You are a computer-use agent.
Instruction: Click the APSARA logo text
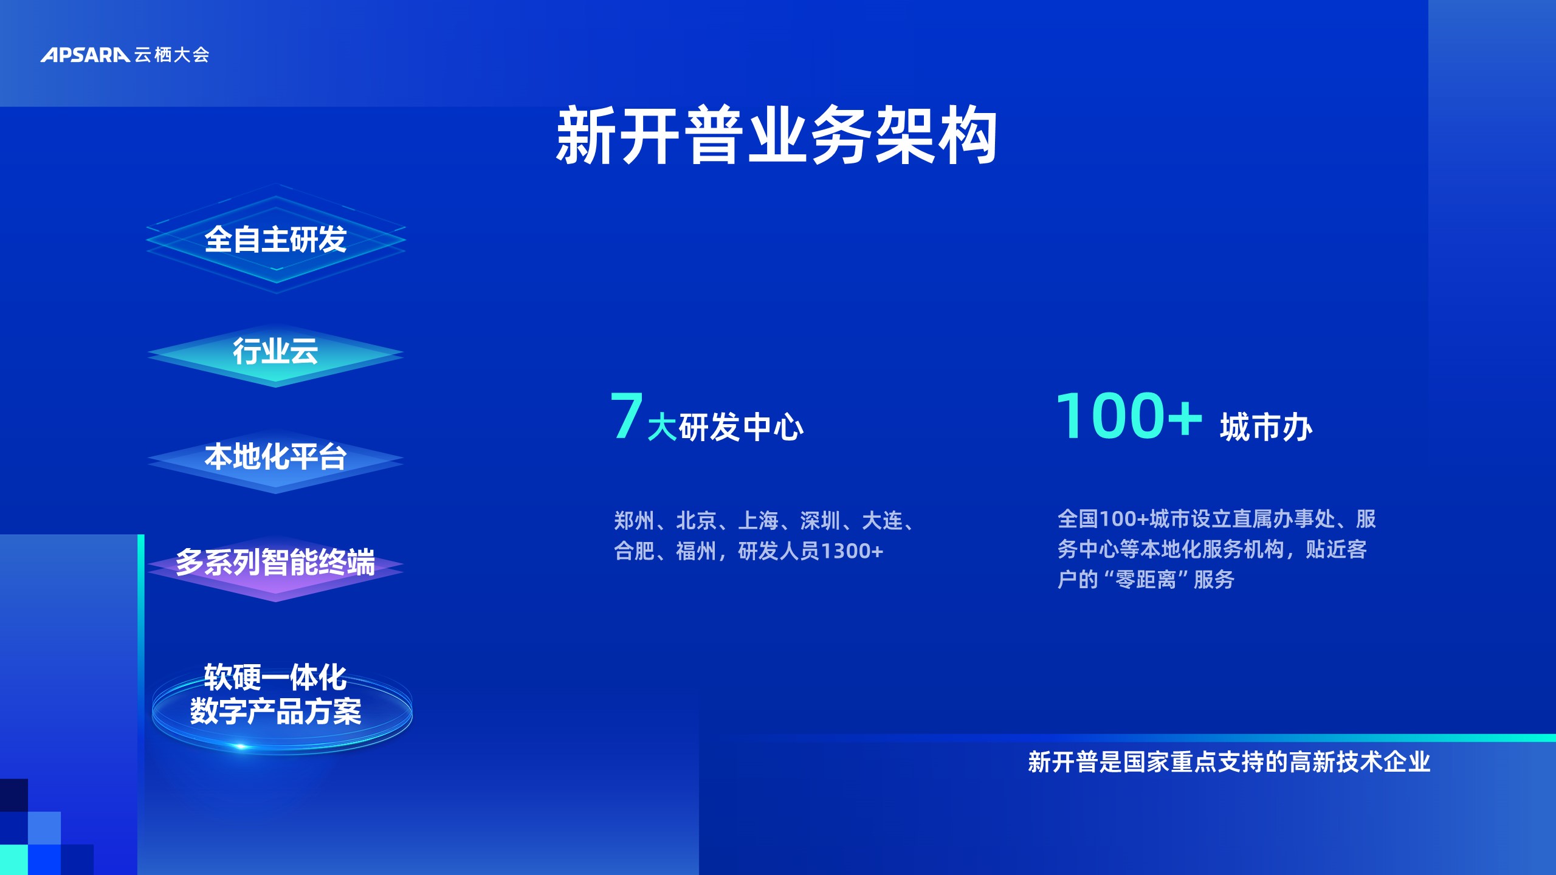click(x=85, y=55)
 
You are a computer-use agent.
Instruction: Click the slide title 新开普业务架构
click(x=777, y=135)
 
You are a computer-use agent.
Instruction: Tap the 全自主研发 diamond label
click(x=275, y=239)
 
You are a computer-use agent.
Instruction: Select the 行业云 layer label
click(x=275, y=351)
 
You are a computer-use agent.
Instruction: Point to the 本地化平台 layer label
click(x=275, y=456)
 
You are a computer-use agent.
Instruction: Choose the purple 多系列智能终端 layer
click(x=275, y=562)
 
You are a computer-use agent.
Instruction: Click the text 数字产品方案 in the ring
click(x=275, y=711)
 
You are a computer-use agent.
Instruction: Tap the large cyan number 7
click(x=627, y=415)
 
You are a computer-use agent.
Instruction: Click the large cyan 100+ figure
click(x=1129, y=415)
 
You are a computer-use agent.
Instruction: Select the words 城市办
click(x=1266, y=427)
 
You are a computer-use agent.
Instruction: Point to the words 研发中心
click(x=741, y=427)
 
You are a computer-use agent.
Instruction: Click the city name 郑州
click(x=634, y=521)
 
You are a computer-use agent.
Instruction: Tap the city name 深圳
click(x=821, y=521)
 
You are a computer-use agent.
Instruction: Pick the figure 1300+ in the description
click(x=852, y=551)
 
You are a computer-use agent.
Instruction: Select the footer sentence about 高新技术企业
click(x=1229, y=762)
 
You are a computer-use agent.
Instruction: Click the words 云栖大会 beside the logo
click(x=172, y=55)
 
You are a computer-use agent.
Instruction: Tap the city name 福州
click(x=696, y=551)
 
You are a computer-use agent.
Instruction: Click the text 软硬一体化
click(x=275, y=677)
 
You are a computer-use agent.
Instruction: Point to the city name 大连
click(x=883, y=521)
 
